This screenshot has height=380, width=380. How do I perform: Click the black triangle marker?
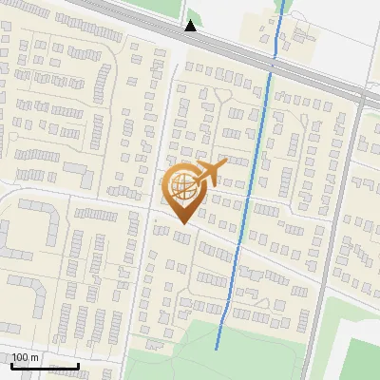coord(191,26)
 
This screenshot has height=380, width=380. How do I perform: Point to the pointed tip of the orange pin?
coord(182,223)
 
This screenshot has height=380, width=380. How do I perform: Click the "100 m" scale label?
coord(26,357)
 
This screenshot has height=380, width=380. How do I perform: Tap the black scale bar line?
coord(45,366)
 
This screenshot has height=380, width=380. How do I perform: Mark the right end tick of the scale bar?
coord(78,364)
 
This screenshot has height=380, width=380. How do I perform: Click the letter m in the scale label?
coord(35,357)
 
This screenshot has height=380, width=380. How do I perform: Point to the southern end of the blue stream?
coord(218,349)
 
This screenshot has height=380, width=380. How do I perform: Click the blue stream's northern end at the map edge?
coord(283,2)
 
